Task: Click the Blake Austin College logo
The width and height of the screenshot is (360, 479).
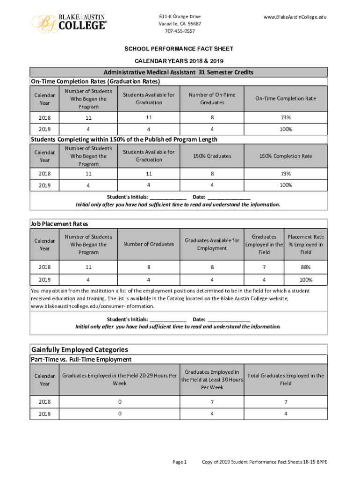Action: pos(69,22)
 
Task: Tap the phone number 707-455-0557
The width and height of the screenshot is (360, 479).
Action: pos(180,31)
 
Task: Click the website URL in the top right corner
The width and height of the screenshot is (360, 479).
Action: pos(295,17)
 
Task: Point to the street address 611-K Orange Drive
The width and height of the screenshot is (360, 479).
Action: pos(180,17)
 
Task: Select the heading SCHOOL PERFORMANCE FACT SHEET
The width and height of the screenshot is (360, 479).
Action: pos(179,49)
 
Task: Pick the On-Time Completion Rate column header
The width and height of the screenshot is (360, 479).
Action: pos(285,99)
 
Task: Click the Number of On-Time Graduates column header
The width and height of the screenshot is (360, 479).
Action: pos(212,99)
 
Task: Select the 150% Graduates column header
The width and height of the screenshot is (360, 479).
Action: pos(212,156)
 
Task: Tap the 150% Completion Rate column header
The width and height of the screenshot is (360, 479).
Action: pos(285,156)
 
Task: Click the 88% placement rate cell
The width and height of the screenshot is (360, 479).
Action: pos(306,267)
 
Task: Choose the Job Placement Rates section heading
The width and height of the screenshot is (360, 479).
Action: pos(59,224)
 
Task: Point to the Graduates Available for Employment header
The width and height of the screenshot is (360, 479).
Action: pos(212,244)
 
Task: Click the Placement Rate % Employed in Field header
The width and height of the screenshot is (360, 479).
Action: pos(306,244)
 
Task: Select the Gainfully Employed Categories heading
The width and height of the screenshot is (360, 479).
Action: pos(79,349)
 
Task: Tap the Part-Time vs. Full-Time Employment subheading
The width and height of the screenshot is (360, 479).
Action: pos(81,360)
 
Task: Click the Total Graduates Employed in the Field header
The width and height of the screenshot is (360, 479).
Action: pos(285,379)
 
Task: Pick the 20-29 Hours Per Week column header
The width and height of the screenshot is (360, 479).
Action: pos(119,379)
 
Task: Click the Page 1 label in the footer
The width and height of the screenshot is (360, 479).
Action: pos(180,462)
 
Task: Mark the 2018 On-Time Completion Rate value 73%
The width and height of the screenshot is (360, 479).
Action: pos(285,117)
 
